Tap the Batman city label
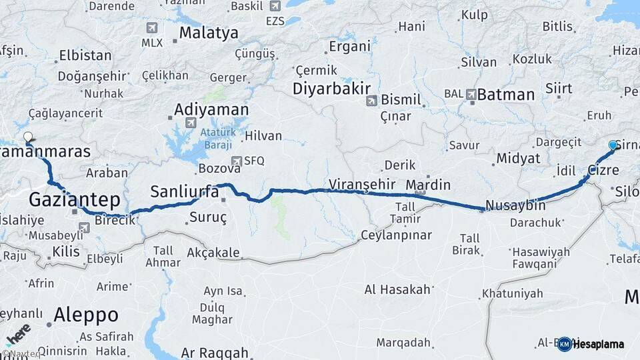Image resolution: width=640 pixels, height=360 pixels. pos(506,95)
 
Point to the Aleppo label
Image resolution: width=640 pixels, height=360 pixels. pos(86,314)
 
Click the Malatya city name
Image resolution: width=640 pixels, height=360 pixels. pos(209,33)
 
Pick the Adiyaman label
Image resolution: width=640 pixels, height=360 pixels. pos(211,110)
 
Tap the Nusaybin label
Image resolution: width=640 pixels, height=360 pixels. pos(516,205)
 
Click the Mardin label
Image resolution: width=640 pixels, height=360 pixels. pos(428,185)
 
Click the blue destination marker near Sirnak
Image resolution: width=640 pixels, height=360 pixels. pos(613,145)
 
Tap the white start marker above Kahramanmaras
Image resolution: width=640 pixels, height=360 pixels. pos(28,138)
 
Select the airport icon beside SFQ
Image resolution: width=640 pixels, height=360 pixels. pos(236,161)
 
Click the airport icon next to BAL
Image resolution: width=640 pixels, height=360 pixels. pos(472,95)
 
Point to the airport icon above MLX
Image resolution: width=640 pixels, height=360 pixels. pos(152,28)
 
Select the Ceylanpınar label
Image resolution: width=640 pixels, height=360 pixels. pos(396,235)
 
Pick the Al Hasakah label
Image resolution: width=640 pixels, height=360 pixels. pos(397,289)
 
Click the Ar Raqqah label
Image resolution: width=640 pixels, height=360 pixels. pos(215,353)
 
